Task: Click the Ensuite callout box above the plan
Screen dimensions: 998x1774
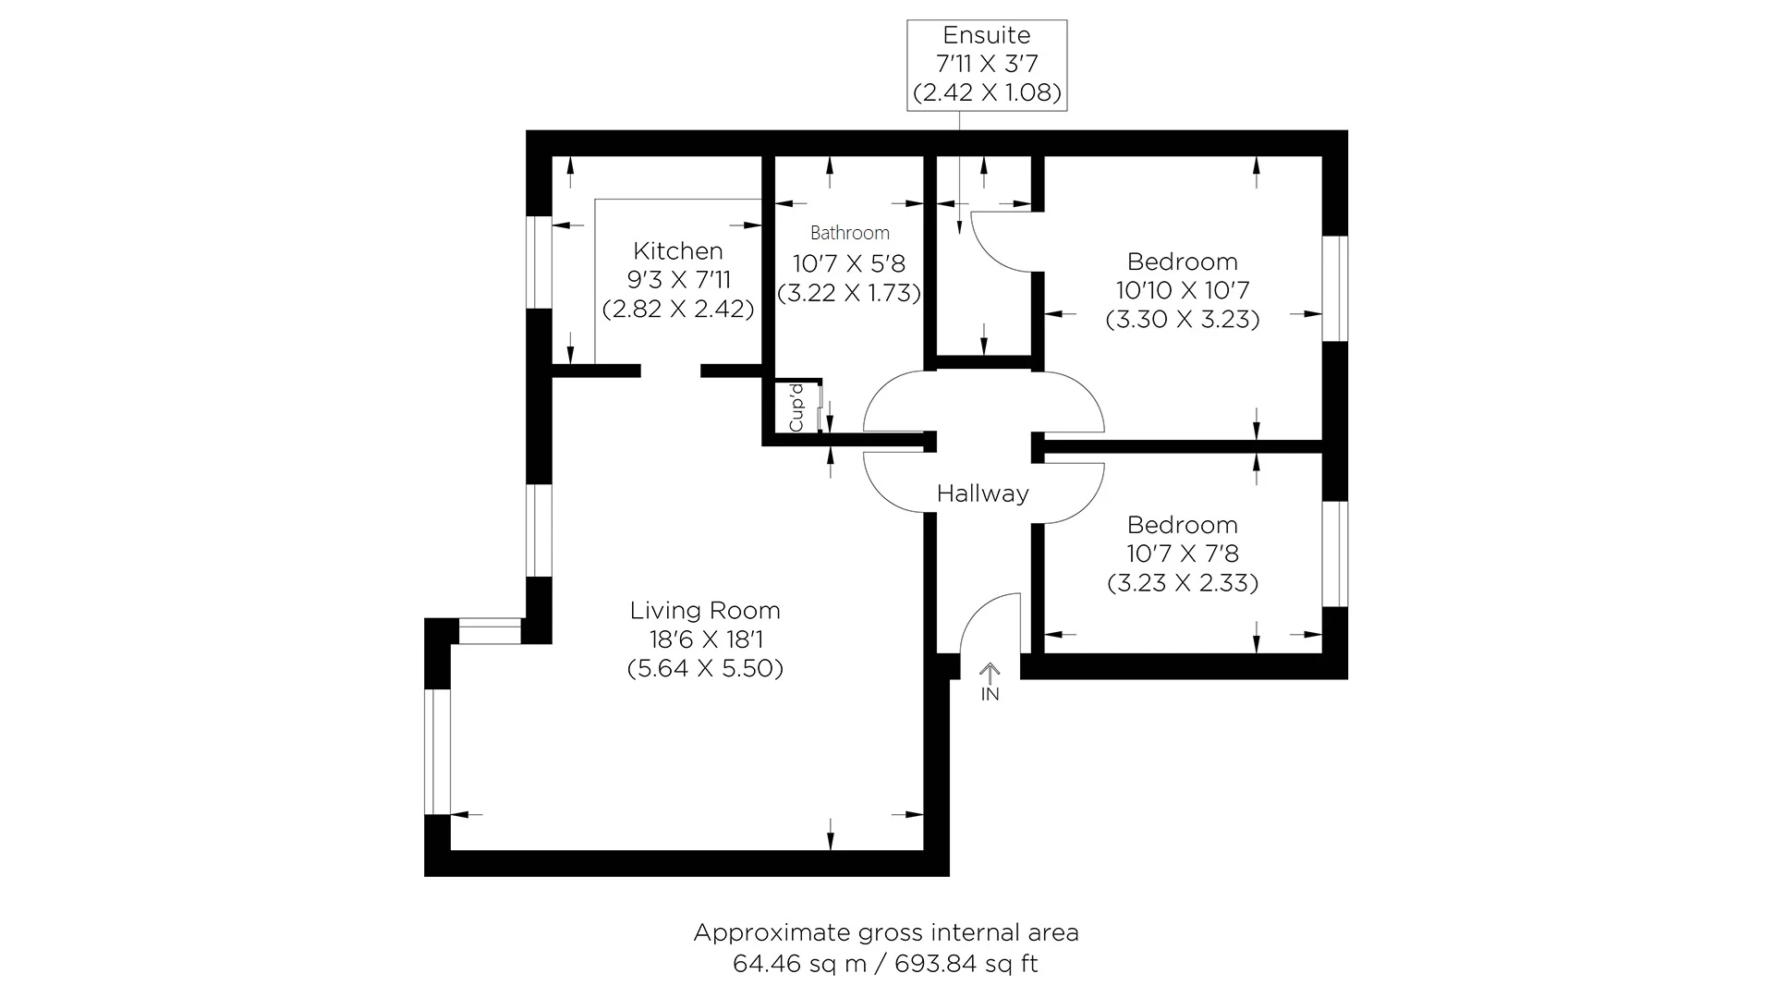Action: (x=987, y=65)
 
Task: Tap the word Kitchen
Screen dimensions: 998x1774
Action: (x=678, y=250)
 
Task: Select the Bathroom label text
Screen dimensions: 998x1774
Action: (x=849, y=233)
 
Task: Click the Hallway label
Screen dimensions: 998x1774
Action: (x=982, y=493)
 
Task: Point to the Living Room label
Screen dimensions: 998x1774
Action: (x=705, y=610)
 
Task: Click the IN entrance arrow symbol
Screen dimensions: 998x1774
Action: (x=990, y=675)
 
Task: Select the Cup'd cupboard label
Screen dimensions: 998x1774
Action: (x=796, y=408)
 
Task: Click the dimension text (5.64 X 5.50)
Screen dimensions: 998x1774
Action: (x=705, y=668)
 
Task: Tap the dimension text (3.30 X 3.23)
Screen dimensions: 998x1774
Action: (x=1183, y=320)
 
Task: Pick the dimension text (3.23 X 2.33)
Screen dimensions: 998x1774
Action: (x=1183, y=583)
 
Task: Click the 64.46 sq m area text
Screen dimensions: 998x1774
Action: (x=799, y=964)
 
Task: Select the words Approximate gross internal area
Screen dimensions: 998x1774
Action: (x=886, y=932)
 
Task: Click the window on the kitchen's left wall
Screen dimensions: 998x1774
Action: (x=539, y=262)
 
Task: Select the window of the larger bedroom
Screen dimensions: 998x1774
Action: (x=1334, y=288)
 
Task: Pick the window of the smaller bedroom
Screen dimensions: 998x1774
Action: (x=1334, y=554)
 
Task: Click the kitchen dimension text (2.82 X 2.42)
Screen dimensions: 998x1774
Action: (x=678, y=309)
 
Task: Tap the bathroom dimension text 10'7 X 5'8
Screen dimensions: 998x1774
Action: (x=849, y=264)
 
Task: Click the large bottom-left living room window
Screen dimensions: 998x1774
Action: (x=437, y=751)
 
